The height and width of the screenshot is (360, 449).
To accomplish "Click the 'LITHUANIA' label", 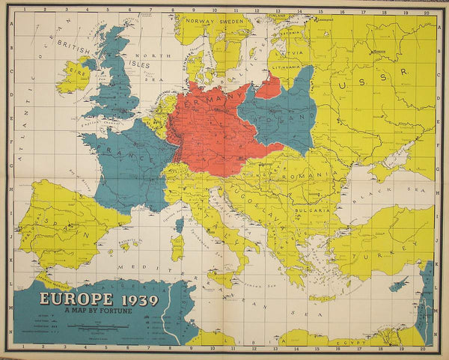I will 287,66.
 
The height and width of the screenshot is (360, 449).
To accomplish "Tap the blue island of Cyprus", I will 401,286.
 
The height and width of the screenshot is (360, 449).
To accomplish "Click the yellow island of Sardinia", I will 177,246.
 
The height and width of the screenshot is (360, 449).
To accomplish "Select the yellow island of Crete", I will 322,297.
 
